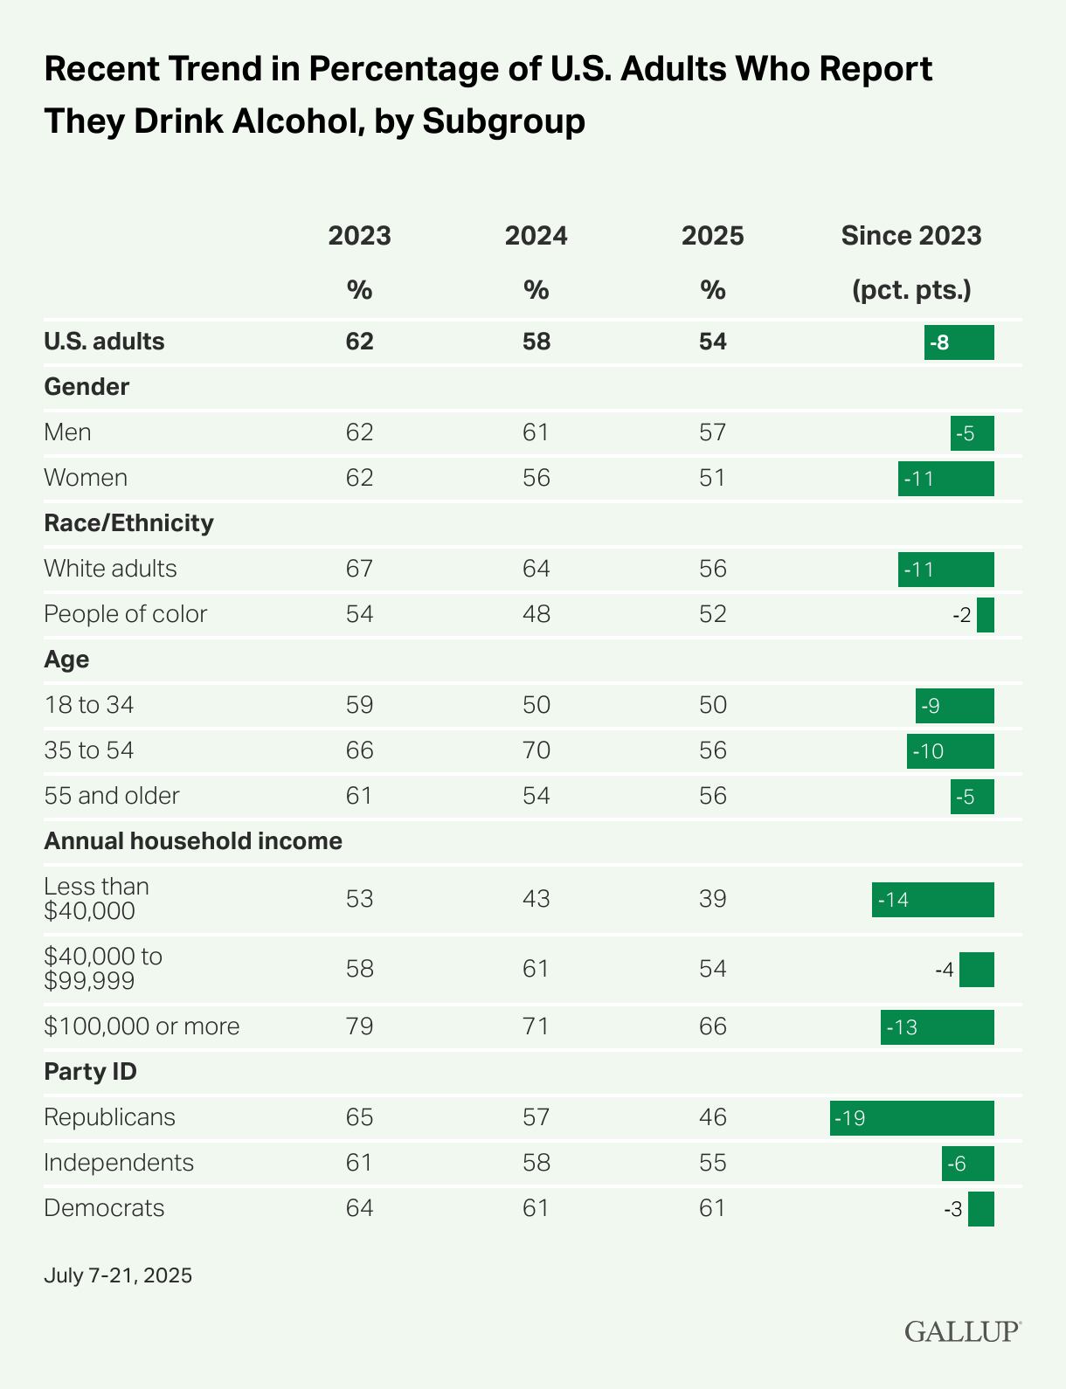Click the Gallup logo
tap(962, 1331)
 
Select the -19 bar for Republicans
tap(911, 1118)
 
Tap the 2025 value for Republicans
tap(712, 1117)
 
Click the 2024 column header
tap(536, 236)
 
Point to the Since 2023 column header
tap(910, 236)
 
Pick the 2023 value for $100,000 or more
tap(359, 1026)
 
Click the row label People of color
tap(125, 614)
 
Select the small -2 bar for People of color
tap(985, 615)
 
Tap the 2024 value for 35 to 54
tap(536, 750)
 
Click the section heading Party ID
tap(90, 1072)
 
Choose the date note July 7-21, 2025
tap(118, 1275)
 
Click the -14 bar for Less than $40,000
tap(932, 900)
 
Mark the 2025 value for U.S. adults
tap(712, 342)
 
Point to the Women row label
tap(86, 478)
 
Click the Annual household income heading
tap(193, 841)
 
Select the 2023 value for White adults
tap(359, 569)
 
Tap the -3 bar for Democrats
tap(980, 1209)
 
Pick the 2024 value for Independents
tap(536, 1163)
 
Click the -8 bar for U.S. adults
tap(959, 342)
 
